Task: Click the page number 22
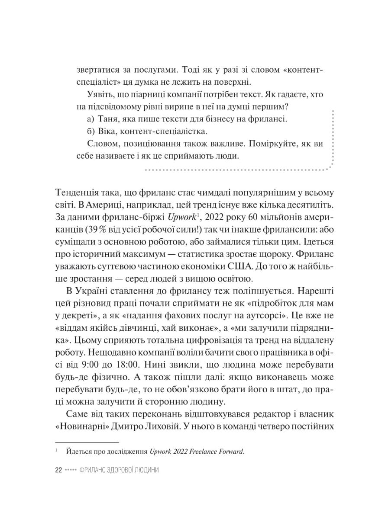pyautogui.click(x=59, y=470)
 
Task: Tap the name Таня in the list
pyautogui.click(x=108, y=118)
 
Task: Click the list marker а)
pyautogui.click(x=91, y=118)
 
